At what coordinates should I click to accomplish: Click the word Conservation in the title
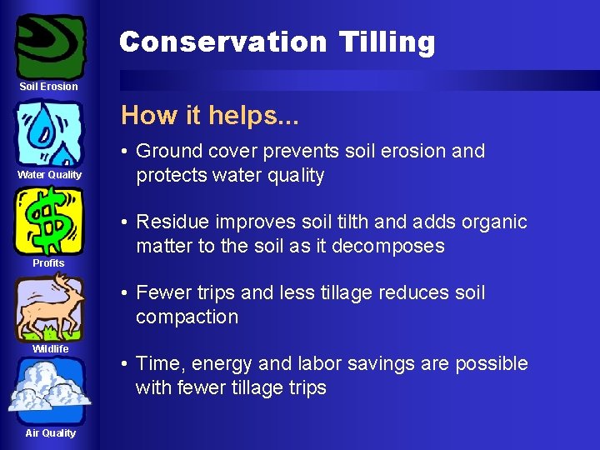223,42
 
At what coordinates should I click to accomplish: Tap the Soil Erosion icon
50,45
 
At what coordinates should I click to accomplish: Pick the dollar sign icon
49,221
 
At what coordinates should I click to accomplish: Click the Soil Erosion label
49,87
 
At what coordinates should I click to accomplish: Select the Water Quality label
49,175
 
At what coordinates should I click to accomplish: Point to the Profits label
48,263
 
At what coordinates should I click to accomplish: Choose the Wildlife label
50,349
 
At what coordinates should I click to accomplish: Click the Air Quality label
50,433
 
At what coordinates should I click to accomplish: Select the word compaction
187,317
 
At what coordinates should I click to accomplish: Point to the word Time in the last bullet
157,364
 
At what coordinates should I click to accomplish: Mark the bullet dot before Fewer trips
123,293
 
